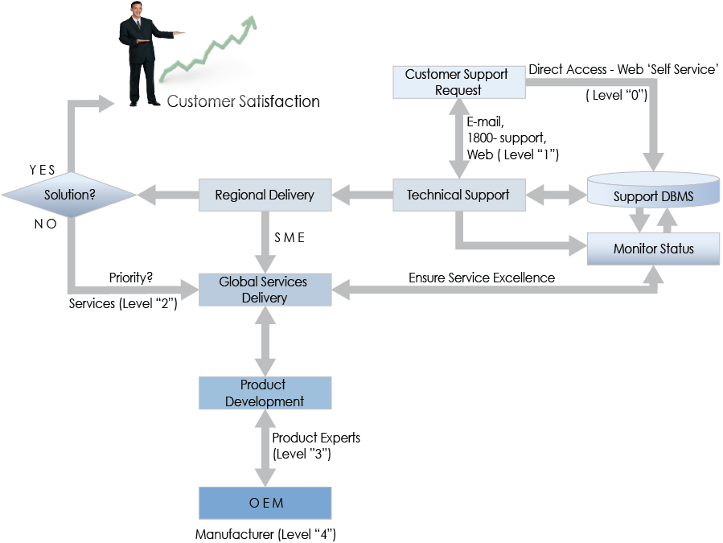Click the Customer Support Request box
456,81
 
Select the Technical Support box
457,195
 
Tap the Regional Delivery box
265,195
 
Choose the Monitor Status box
653,248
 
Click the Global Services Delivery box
265,290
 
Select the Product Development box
265,393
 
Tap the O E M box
265,503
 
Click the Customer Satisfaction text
243,101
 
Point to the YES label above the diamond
43,171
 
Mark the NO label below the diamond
45,224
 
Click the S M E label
290,238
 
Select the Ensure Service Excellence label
481,278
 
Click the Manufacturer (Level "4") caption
265,534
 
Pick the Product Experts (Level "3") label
315,446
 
